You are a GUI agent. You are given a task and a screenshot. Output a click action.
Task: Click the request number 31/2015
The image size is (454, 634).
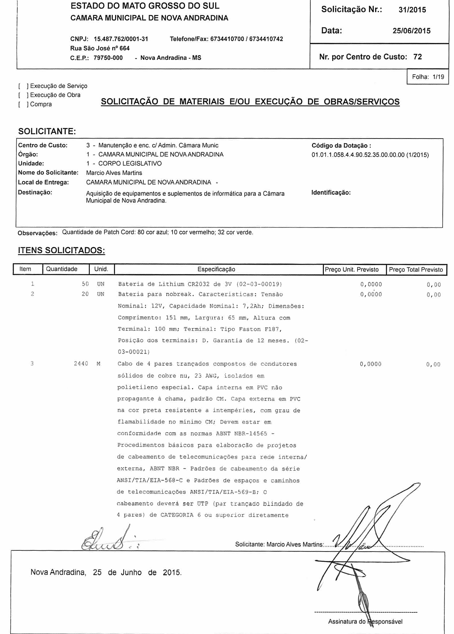[x=412, y=10]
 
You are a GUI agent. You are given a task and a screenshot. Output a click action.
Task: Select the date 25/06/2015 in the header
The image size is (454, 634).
[x=411, y=31]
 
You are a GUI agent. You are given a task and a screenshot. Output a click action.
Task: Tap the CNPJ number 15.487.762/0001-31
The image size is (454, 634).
[x=121, y=39]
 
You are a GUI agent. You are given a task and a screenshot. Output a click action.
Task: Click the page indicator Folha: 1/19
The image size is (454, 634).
[x=428, y=77]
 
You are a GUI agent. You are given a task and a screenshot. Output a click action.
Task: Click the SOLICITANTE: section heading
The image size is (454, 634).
[x=47, y=131]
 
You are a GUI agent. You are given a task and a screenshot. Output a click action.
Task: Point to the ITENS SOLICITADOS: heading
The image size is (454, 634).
[x=61, y=251]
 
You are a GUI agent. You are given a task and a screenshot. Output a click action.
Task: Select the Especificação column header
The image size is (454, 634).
[x=216, y=269]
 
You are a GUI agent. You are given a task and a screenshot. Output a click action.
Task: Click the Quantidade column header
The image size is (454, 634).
[x=62, y=269]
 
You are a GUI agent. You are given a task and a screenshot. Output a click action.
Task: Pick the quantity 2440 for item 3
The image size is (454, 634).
[x=81, y=364]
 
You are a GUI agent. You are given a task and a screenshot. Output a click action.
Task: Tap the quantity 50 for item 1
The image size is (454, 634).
[x=85, y=284]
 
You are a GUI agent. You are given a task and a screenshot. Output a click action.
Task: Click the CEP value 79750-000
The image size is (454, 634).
[x=108, y=58]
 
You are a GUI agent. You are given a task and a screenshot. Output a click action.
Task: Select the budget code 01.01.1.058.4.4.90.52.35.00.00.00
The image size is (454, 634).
[x=358, y=155]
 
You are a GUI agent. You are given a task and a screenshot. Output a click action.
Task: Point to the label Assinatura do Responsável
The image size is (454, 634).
[x=365, y=622]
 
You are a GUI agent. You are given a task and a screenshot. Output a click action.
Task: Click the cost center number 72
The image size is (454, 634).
[x=417, y=57]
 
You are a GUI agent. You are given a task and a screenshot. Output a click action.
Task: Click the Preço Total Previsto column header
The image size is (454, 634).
[x=416, y=270]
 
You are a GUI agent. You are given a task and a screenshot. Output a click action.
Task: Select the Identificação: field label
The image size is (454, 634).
[x=331, y=193]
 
